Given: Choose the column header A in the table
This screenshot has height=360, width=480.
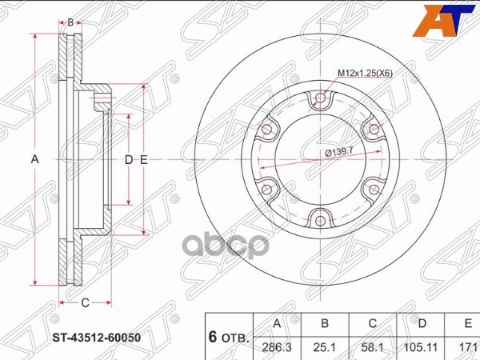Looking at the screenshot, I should (x=276, y=324).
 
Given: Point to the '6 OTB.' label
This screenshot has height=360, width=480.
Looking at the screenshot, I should (x=229, y=338).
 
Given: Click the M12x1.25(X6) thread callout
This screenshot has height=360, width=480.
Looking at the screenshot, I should (x=365, y=74).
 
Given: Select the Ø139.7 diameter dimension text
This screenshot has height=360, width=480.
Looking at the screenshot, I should (x=339, y=151).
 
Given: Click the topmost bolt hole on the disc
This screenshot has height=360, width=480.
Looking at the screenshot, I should (x=321, y=100).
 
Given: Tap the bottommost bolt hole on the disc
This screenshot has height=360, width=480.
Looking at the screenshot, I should (x=321, y=218).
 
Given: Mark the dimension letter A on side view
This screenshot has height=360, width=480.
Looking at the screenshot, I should (x=34, y=159).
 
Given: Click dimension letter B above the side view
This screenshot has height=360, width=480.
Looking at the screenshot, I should (x=70, y=22).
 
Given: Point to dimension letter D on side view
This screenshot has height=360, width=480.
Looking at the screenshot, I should (x=127, y=159).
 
